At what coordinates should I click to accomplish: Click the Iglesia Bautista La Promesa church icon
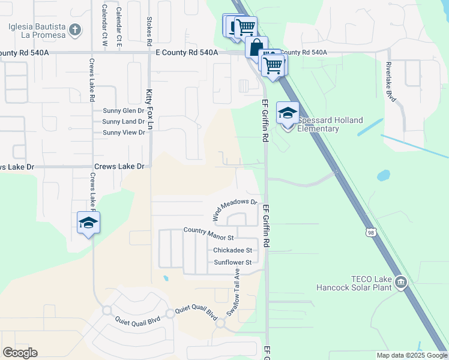click(74, 29)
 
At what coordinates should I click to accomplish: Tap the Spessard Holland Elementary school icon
click(288, 113)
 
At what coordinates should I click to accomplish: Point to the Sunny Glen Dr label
click(124, 111)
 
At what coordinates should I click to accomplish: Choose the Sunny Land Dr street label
click(124, 121)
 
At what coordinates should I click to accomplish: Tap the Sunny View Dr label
click(124, 132)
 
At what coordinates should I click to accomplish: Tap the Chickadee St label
click(232, 250)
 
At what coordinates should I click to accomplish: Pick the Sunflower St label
click(232, 262)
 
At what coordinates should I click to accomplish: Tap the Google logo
click(20, 353)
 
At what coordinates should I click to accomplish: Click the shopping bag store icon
click(256, 47)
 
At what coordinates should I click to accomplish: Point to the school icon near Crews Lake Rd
click(88, 223)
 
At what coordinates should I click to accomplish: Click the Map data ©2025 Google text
click(411, 355)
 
